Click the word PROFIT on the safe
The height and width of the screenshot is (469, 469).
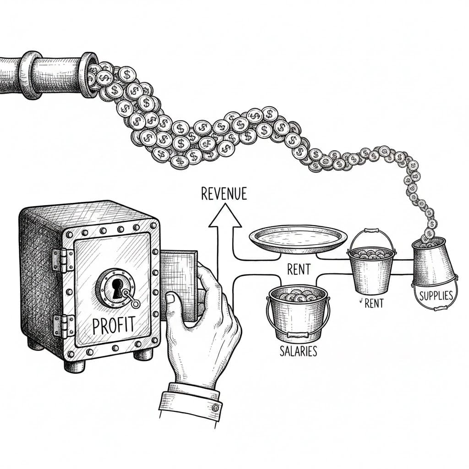pyautogui.click(x=114, y=326)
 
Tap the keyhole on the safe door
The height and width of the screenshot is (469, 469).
pyautogui.click(x=117, y=288)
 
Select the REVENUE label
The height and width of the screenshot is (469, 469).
pyautogui.click(x=224, y=194)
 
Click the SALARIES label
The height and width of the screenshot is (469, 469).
pyautogui.click(x=298, y=351)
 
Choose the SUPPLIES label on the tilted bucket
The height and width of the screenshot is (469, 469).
pyautogui.click(x=436, y=296)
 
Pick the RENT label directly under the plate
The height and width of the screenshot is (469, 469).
pyautogui.click(x=299, y=269)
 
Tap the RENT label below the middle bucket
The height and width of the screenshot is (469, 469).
pyautogui.click(x=374, y=304)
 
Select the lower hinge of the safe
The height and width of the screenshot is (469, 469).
pyautogui.click(x=63, y=326)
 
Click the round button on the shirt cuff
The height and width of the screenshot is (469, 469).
pyautogui.click(x=215, y=407)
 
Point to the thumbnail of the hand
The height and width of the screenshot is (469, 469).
pyautogui.click(x=170, y=298)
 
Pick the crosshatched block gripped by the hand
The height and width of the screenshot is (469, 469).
pyautogui.click(x=179, y=286)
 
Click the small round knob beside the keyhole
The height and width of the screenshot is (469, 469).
pyautogui.click(x=135, y=304)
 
